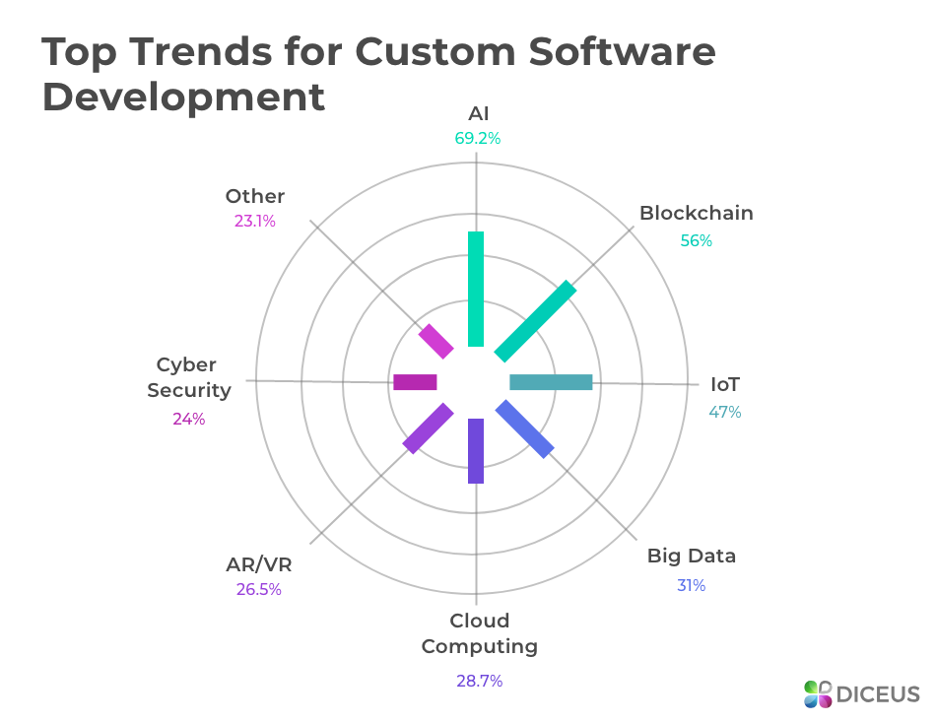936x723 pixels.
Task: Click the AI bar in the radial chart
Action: (x=476, y=289)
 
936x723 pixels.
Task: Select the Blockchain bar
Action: (x=535, y=321)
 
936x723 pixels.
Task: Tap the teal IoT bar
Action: (x=551, y=382)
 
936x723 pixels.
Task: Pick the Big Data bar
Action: (x=525, y=428)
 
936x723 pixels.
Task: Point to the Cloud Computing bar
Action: (x=476, y=451)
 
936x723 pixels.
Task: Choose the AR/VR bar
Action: (x=428, y=428)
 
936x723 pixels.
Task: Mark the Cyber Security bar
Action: (x=415, y=382)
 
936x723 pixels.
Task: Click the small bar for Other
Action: (x=435, y=341)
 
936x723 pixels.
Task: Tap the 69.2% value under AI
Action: (x=478, y=139)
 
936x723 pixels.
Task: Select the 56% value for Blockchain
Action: (x=696, y=240)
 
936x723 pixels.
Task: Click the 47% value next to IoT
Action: (x=725, y=412)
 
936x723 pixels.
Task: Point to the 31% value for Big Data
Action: (x=691, y=585)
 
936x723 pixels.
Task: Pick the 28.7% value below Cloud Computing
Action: (x=479, y=681)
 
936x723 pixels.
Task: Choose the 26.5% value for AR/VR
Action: (x=258, y=590)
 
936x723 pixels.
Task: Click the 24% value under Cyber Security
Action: (x=188, y=419)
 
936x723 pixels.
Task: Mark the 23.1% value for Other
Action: (x=254, y=222)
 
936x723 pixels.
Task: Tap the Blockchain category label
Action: (x=696, y=213)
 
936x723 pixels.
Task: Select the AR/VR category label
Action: (x=259, y=564)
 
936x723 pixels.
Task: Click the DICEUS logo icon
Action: (x=818, y=693)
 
